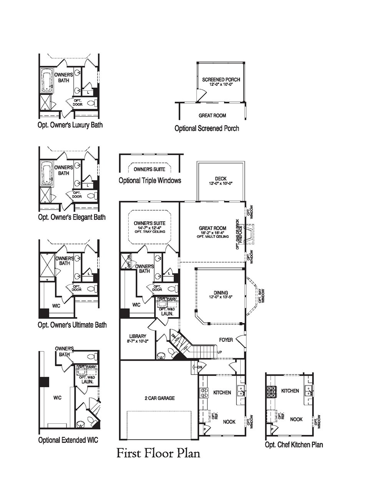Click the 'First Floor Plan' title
(158, 453)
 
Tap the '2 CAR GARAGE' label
(157, 398)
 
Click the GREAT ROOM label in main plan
(213, 228)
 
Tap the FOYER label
(226, 340)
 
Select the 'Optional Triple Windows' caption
(150, 180)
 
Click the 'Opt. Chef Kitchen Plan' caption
(294, 445)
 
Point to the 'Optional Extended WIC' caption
(68, 440)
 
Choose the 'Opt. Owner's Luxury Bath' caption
(70, 125)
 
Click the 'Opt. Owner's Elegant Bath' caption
(71, 217)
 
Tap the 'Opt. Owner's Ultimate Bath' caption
(72, 324)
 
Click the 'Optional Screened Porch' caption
(206, 128)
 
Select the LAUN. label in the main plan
(167, 314)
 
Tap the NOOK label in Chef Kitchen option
(296, 419)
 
